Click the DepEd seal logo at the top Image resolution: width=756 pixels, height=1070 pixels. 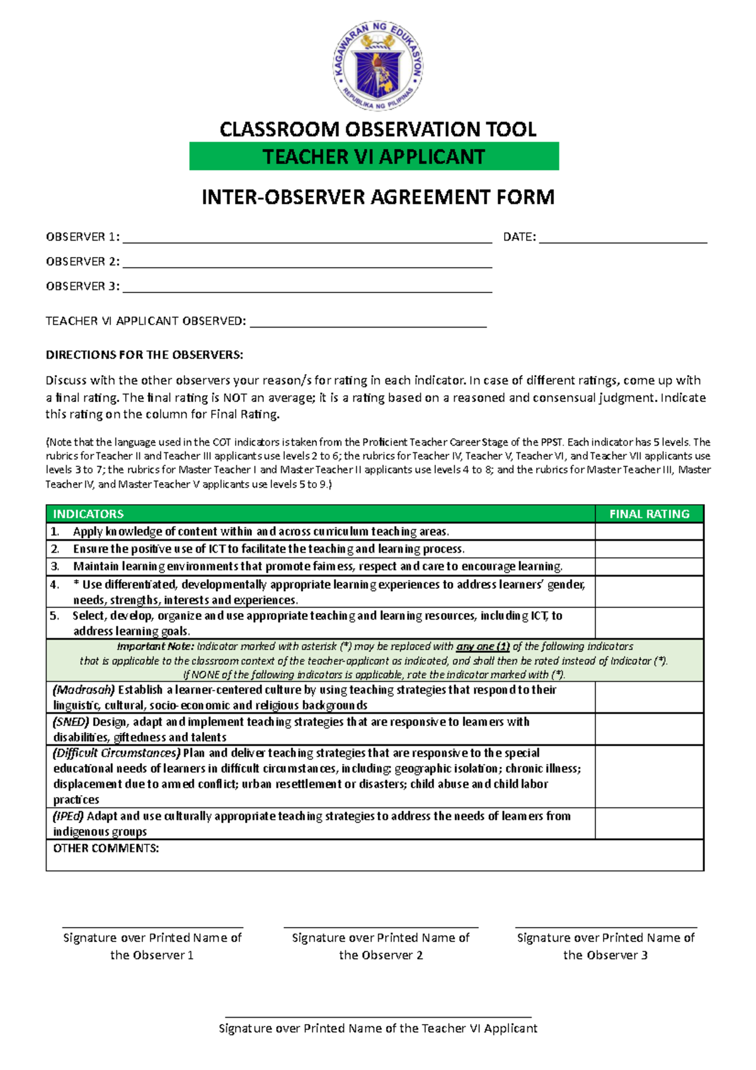(x=378, y=66)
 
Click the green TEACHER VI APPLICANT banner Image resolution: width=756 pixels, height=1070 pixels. (x=374, y=156)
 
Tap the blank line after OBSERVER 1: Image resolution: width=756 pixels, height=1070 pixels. (x=307, y=239)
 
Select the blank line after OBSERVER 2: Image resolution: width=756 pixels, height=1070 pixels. (x=307, y=265)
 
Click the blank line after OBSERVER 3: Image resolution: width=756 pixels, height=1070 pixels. (x=307, y=289)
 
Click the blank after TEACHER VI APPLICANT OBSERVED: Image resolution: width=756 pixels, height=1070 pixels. (x=368, y=324)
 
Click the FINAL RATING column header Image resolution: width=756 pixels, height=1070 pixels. (x=649, y=514)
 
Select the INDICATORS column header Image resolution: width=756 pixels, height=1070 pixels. (x=88, y=514)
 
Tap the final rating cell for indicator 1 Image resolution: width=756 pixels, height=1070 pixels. (x=649, y=531)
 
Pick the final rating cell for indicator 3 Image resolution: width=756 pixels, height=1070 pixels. (x=649, y=566)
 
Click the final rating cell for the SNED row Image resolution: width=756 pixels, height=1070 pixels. (x=649, y=729)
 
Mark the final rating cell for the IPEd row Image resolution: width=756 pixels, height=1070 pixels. (x=649, y=823)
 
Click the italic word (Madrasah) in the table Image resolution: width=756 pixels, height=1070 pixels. (x=84, y=689)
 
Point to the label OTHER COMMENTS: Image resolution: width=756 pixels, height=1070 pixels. (x=106, y=848)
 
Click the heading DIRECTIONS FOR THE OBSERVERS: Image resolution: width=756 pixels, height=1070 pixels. (x=144, y=355)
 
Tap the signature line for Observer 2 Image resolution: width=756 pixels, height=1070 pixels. (x=381, y=927)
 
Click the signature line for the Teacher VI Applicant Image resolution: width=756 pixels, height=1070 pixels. (x=378, y=1016)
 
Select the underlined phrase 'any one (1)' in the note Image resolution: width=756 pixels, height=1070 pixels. (x=483, y=647)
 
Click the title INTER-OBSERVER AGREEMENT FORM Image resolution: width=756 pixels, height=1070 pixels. (x=378, y=197)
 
